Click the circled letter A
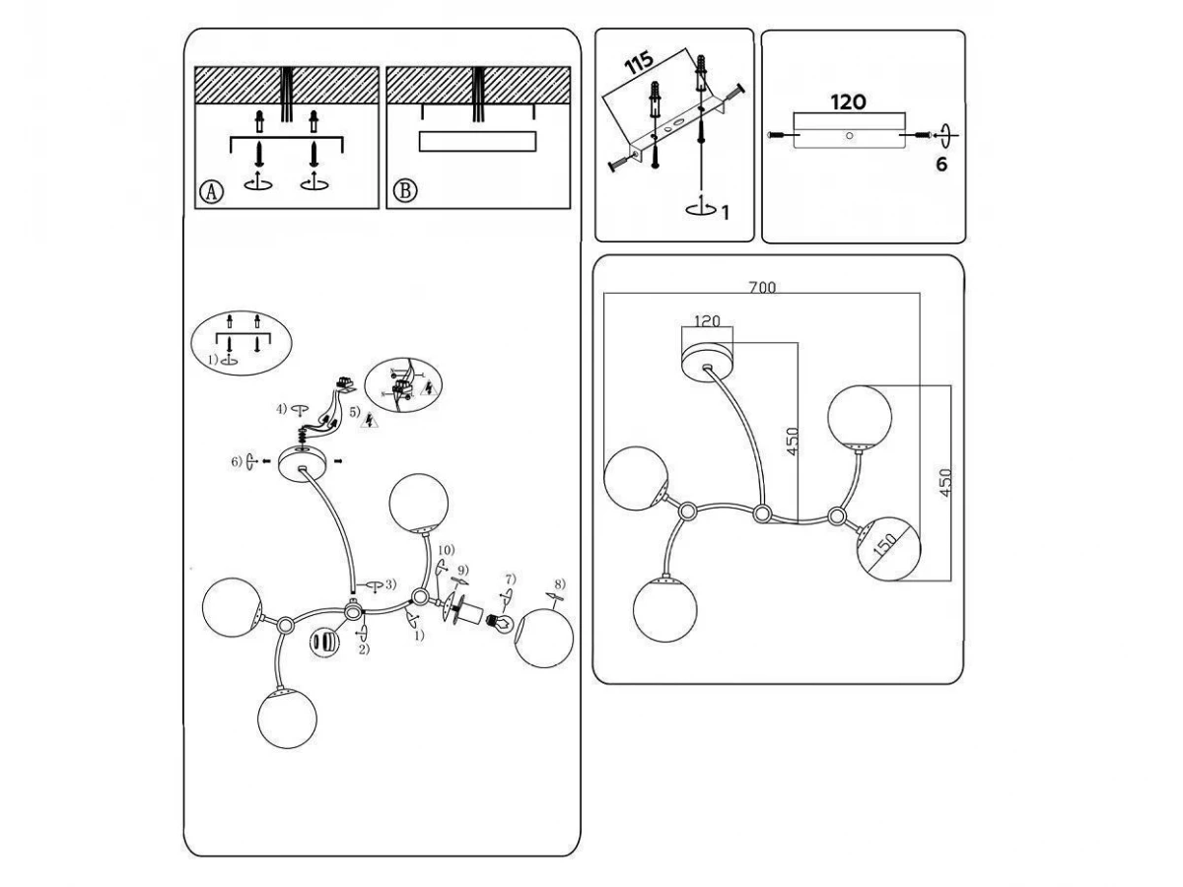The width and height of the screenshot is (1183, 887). tap(211, 191)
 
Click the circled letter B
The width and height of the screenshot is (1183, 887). tap(405, 191)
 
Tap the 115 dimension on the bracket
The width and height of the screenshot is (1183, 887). tap(639, 63)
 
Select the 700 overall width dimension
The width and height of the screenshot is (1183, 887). tap(762, 288)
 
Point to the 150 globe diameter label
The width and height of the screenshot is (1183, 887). tap(885, 545)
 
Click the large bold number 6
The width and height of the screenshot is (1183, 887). tap(941, 165)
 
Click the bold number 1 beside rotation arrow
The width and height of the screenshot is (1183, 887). tap(726, 213)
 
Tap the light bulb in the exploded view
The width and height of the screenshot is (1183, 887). tap(499, 624)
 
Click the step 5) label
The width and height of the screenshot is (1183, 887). tap(354, 412)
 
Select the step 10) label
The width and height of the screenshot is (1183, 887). tap(447, 550)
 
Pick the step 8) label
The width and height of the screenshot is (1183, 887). tap(560, 583)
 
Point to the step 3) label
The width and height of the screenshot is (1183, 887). tap(390, 583)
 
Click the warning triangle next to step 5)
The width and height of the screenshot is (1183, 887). tap(369, 420)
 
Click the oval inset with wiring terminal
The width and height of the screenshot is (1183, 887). tap(403, 385)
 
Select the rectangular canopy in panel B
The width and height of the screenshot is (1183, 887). tap(477, 141)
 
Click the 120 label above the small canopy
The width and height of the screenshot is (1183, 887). tap(707, 321)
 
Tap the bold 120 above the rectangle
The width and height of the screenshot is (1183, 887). tap(849, 102)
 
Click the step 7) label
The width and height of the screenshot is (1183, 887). tap(511, 579)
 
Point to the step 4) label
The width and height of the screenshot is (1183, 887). tap(282, 409)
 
